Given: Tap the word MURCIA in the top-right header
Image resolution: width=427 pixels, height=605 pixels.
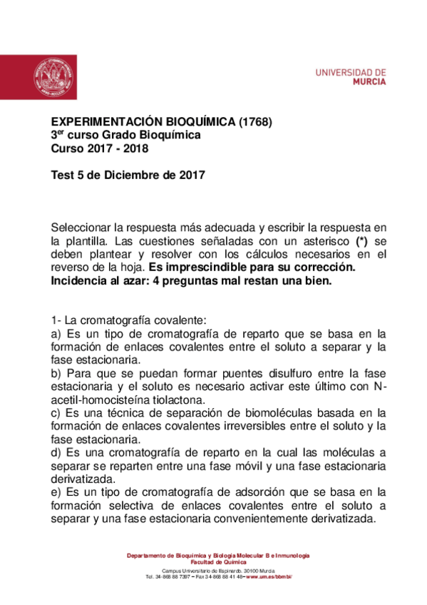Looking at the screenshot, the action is (370, 82).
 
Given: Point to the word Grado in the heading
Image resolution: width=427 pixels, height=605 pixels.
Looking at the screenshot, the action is (120, 135).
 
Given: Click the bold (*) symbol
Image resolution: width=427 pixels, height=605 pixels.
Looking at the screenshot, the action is (362, 241).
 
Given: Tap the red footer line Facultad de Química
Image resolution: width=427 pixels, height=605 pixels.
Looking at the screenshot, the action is (217, 561).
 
